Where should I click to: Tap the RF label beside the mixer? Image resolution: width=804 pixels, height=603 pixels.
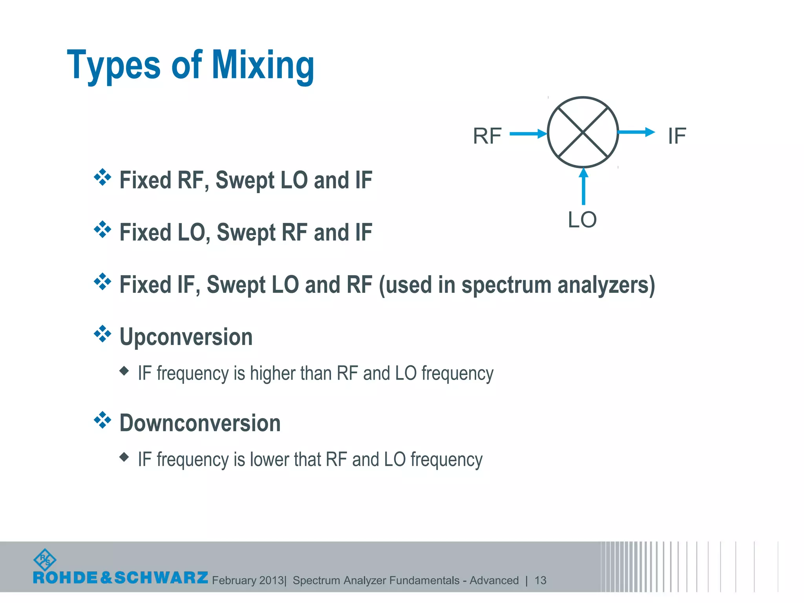[487, 136]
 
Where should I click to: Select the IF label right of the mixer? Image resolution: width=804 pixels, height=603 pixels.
[677, 136]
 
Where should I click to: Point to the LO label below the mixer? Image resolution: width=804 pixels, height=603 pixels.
[582, 220]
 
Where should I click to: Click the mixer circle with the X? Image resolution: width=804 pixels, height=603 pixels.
[583, 132]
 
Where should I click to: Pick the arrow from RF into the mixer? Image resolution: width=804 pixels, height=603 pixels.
[528, 134]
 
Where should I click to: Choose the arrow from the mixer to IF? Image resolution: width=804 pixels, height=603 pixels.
[636, 132]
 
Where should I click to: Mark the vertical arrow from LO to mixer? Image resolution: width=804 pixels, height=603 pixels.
[584, 186]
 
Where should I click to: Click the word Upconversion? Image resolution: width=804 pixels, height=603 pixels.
[186, 337]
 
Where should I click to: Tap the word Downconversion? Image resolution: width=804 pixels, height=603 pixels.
[200, 423]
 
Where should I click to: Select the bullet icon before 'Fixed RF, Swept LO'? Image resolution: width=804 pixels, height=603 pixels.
[102, 177]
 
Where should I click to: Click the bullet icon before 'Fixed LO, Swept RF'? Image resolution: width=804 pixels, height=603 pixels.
[102, 229]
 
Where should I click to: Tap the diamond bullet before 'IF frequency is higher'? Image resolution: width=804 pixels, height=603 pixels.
[124, 371]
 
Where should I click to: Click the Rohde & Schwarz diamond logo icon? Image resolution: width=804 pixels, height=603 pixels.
[45, 560]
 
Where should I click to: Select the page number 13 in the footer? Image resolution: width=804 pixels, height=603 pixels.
[540, 580]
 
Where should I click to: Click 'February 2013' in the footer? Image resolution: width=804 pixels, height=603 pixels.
[248, 580]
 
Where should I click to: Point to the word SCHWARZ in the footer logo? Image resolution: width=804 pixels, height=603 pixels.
[161, 578]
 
